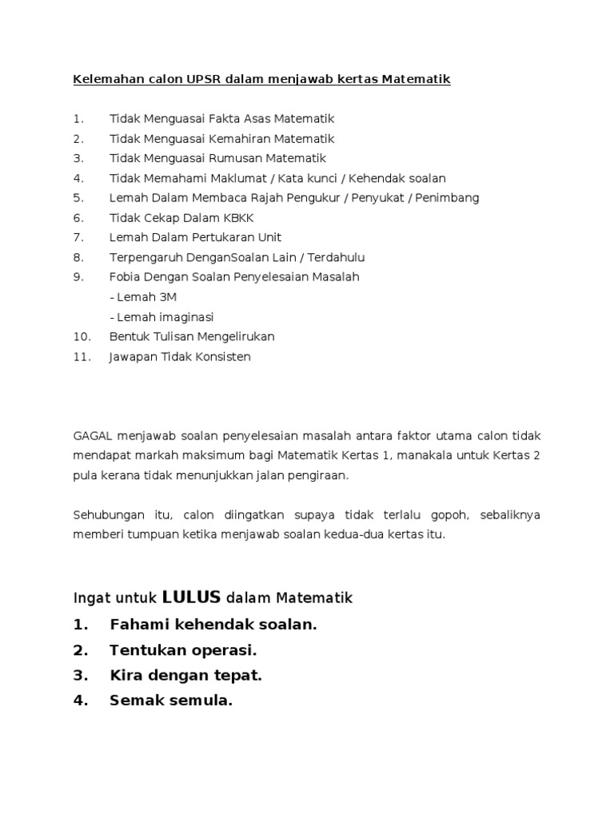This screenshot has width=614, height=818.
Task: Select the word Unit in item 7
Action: click(269, 237)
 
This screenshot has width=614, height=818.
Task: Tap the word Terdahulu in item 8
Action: click(339, 257)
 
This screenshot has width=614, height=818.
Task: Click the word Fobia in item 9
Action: click(124, 277)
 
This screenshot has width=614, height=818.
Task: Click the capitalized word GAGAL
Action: click(93, 436)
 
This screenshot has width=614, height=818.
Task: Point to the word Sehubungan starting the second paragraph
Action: click(105, 515)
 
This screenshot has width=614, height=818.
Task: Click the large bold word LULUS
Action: click(192, 598)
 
